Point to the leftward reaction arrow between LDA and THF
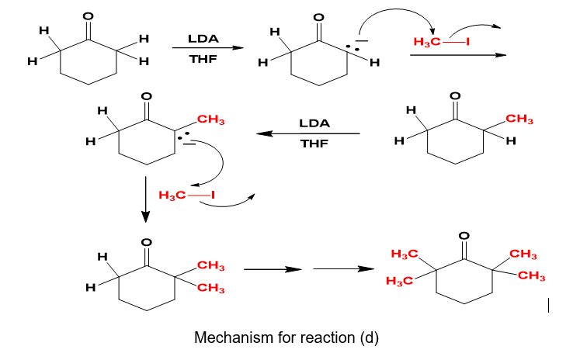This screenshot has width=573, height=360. pyautogui.click(x=308, y=133)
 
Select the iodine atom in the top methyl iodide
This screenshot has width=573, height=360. pyautogui.click(x=467, y=40)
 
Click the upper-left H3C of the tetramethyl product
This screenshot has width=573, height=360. pyautogui.click(x=405, y=254)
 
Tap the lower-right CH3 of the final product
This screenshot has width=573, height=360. pyautogui.click(x=532, y=276)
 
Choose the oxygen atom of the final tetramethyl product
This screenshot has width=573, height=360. pyautogui.click(x=464, y=235)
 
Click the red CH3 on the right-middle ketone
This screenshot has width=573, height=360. pyautogui.click(x=519, y=119)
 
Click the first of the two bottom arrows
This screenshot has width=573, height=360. pyautogui.click(x=272, y=270)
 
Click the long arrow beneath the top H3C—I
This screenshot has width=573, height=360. pyautogui.click(x=458, y=55)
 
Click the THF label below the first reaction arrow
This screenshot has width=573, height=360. pyautogui.click(x=202, y=59)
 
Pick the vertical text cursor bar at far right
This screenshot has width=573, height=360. pyautogui.click(x=550, y=306)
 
